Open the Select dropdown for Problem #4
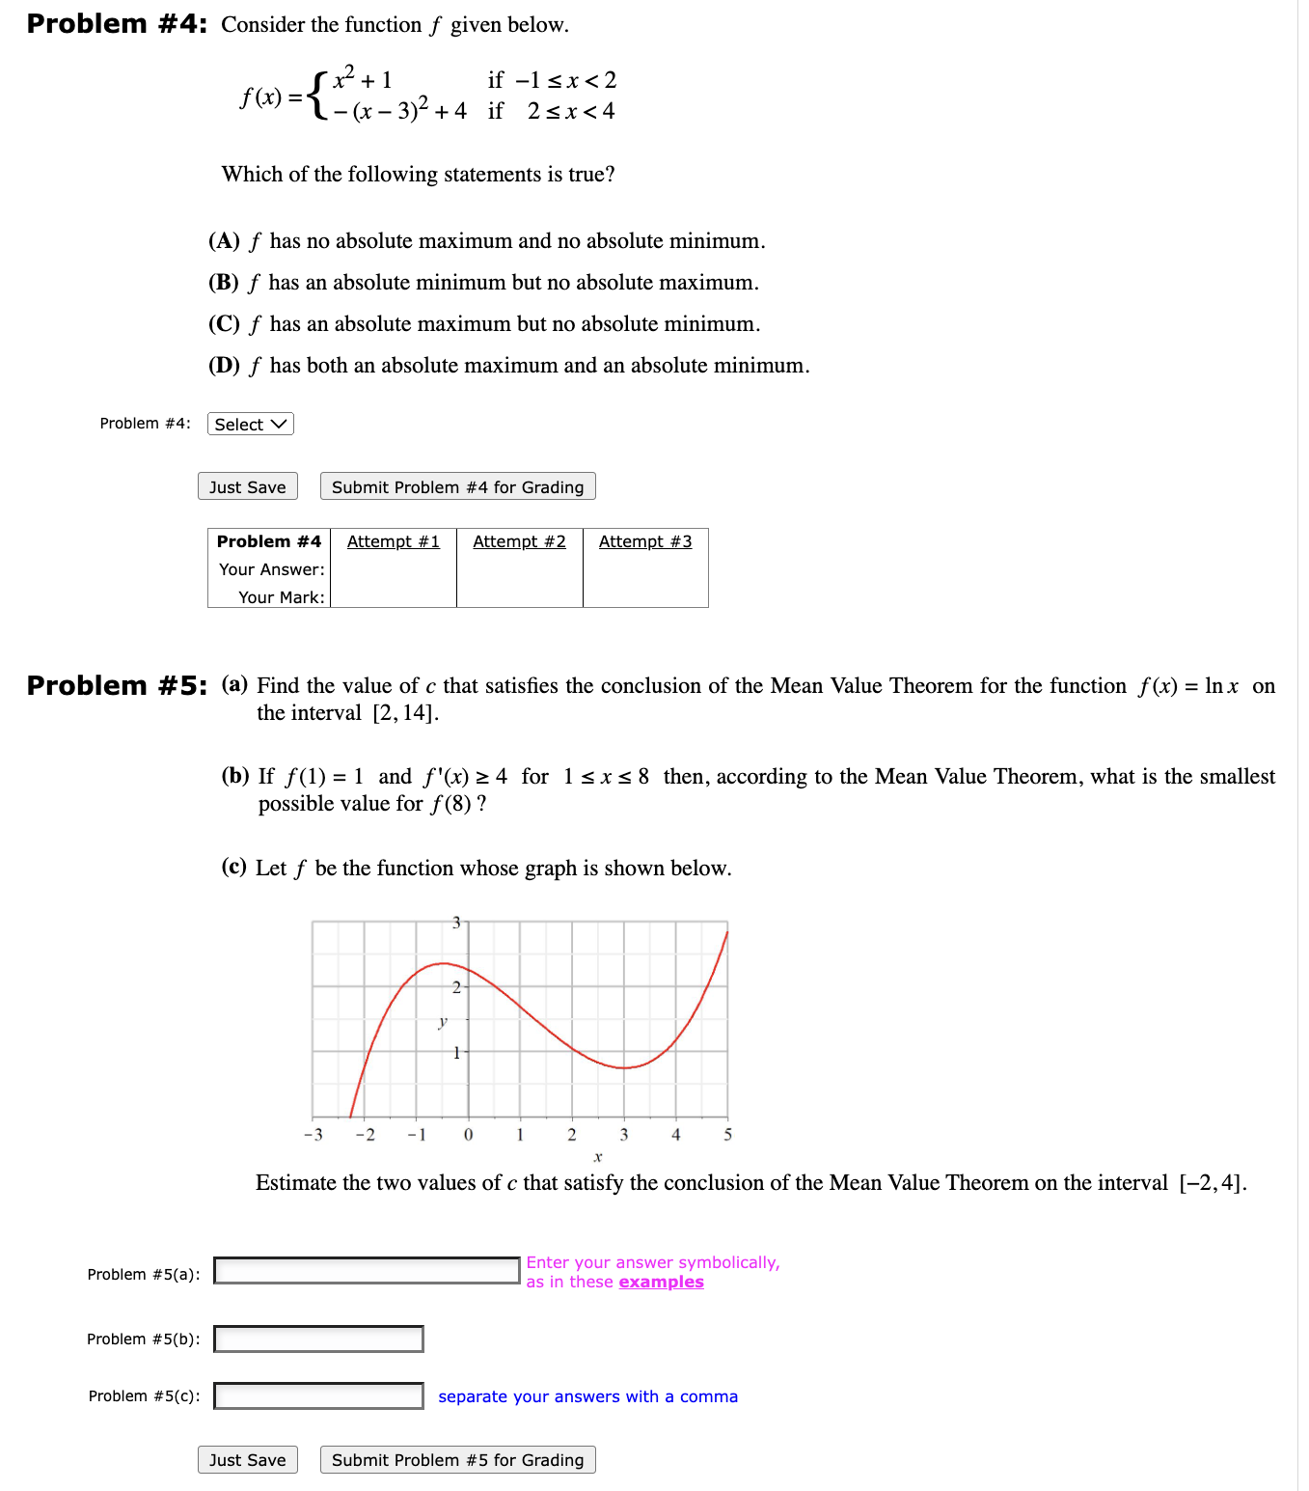(250, 425)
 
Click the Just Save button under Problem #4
(248, 487)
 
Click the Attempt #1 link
(394, 542)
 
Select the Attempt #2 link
(519, 542)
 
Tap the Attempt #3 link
(645, 542)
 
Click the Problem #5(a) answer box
(367, 1271)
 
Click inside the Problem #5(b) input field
(318, 1339)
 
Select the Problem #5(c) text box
(318, 1396)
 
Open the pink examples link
(661, 1283)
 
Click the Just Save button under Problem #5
(248, 1460)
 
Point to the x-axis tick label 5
(728, 1135)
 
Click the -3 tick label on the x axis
(314, 1135)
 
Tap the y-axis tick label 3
(456, 923)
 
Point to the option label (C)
(224, 324)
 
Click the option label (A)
(224, 241)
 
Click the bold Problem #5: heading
(117, 686)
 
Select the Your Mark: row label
(282, 597)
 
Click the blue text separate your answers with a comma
(587, 1397)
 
